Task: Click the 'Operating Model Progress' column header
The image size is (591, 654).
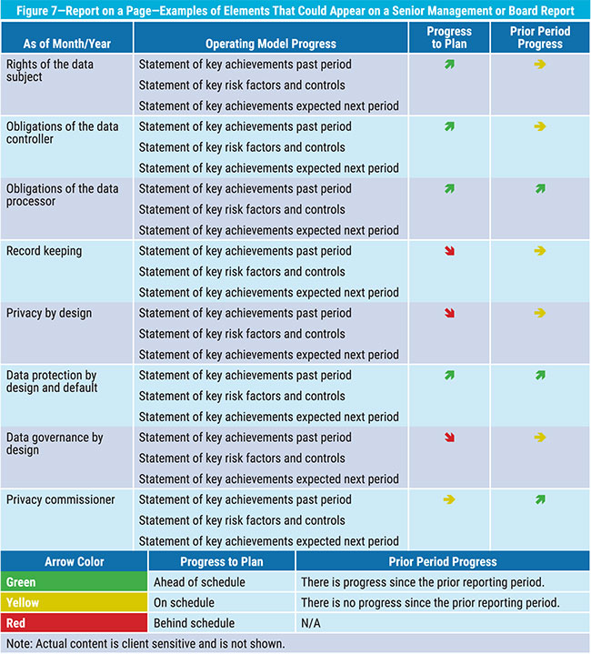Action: coord(270,44)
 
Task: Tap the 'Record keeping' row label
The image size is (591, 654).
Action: coord(44,250)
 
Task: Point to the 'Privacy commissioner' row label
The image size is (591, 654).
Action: coord(61,499)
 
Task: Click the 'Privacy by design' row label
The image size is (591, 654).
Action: coord(49,313)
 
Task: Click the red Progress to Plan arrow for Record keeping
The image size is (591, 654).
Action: coord(449,250)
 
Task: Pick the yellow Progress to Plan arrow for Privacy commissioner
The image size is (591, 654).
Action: coord(449,499)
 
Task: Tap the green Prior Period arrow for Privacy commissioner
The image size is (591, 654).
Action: coord(540,499)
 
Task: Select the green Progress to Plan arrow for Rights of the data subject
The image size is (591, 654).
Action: coord(449,64)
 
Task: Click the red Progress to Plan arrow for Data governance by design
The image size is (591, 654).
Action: coord(449,438)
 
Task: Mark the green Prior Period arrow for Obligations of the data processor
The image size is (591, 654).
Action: coord(540,188)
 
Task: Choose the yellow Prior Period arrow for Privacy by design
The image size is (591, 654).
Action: coord(540,313)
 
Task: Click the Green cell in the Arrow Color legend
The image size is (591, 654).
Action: coord(75,582)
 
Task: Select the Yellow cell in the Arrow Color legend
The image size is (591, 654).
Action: coord(75,602)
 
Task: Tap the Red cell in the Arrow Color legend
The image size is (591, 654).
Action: coord(75,623)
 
